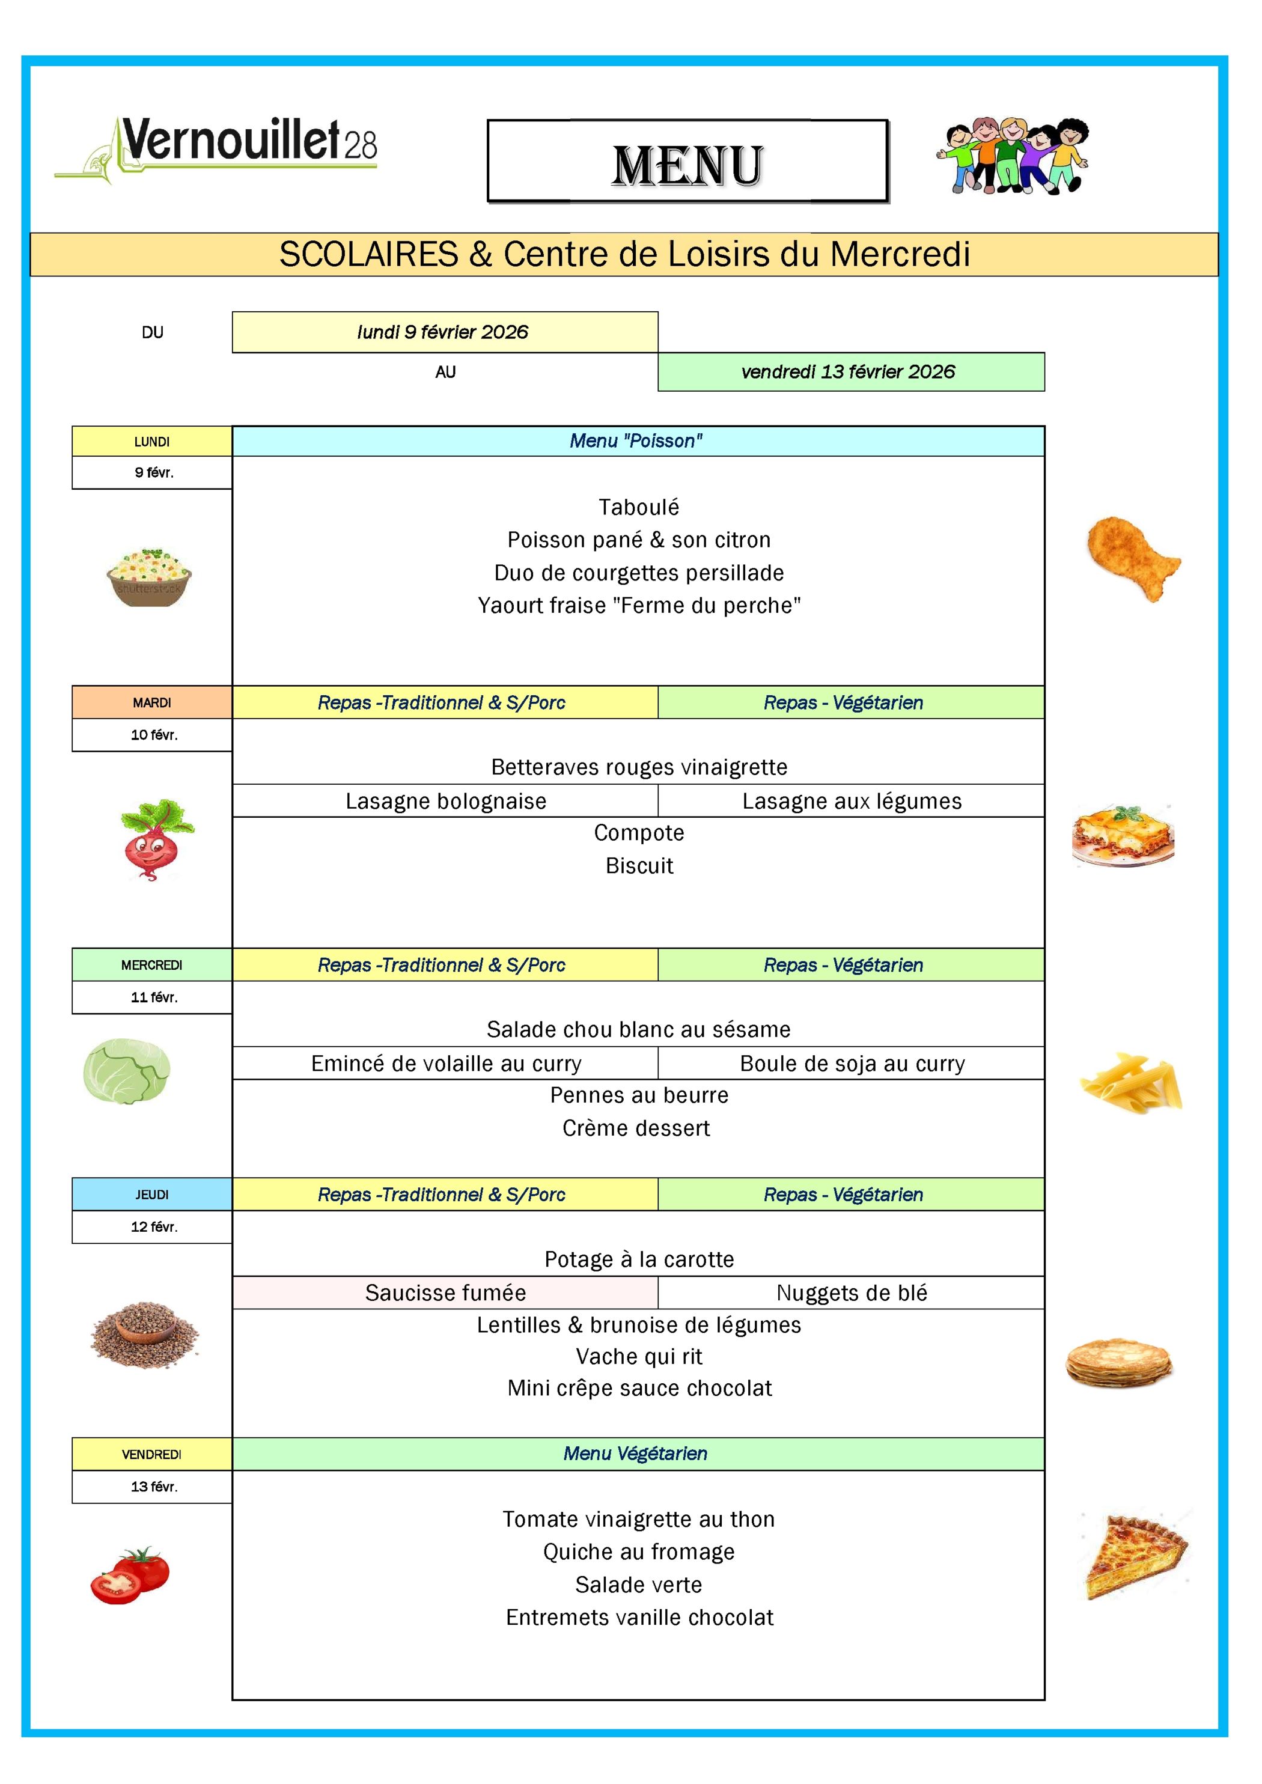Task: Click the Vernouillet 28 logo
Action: click(216, 149)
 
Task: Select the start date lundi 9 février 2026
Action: click(445, 332)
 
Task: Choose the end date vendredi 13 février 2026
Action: click(850, 372)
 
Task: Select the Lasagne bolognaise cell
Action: click(445, 801)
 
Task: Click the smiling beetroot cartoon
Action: click(156, 839)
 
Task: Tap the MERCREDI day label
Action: click(151, 965)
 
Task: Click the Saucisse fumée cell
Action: click(445, 1293)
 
